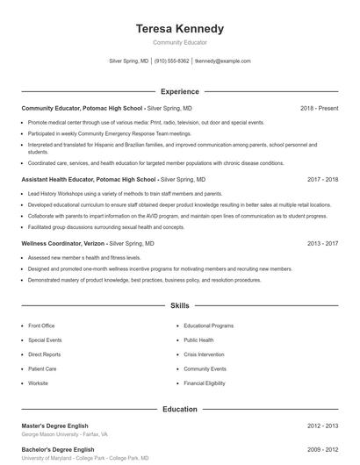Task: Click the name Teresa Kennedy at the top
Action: coord(179,28)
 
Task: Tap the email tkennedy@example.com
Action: coord(222,61)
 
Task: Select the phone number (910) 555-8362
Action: coord(171,61)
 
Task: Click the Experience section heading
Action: coord(179,91)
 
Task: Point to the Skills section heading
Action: coord(179,306)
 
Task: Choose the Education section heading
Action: coord(179,409)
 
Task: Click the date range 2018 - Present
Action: coord(319,108)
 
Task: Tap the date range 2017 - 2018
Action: coord(322,179)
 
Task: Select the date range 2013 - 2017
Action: coord(322,243)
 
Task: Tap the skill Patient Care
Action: coord(42,369)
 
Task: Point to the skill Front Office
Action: coord(41,325)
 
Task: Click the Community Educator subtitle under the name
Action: coord(179,42)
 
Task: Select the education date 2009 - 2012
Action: coord(322,449)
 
